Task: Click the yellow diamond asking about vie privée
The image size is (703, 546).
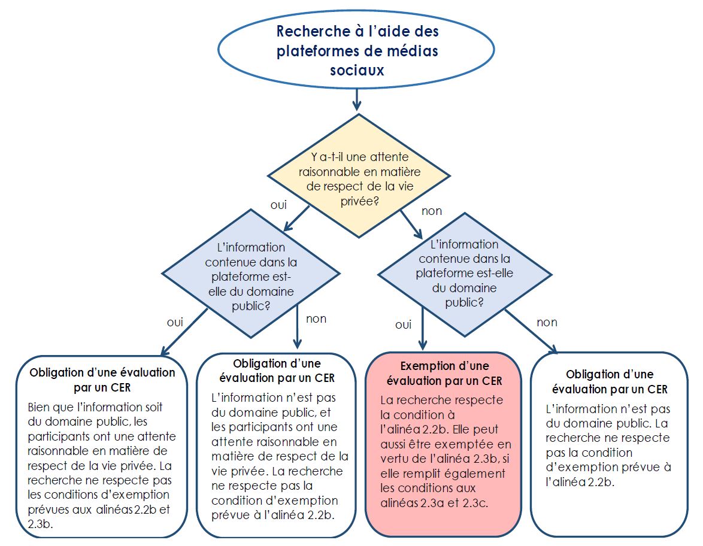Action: click(x=359, y=176)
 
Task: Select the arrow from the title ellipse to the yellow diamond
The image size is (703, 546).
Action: click(x=356, y=99)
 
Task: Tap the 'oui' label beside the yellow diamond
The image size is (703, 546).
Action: click(x=278, y=205)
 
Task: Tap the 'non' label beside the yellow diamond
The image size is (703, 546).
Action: click(x=431, y=211)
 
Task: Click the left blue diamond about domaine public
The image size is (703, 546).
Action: click(x=251, y=274)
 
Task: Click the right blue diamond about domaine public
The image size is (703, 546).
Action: click(x=465, y=274)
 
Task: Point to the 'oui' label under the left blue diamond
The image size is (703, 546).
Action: click(x=175, y=323)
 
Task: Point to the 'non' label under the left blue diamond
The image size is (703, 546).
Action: click(x=316, y=319)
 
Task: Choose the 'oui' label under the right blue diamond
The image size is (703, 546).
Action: click(x=403, y=325)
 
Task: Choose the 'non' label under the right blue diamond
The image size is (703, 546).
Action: click(x=547, y=323)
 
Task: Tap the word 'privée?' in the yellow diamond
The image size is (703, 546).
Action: click(x=359, y=201)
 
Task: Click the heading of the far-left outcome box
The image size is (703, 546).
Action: click(x=102, y=380)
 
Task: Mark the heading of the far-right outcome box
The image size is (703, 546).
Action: click(x=610, y=381)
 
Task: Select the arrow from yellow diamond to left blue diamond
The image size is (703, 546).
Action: click(x=296, y=219)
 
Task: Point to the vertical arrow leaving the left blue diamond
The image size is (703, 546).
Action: click(x=297, y=326)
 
